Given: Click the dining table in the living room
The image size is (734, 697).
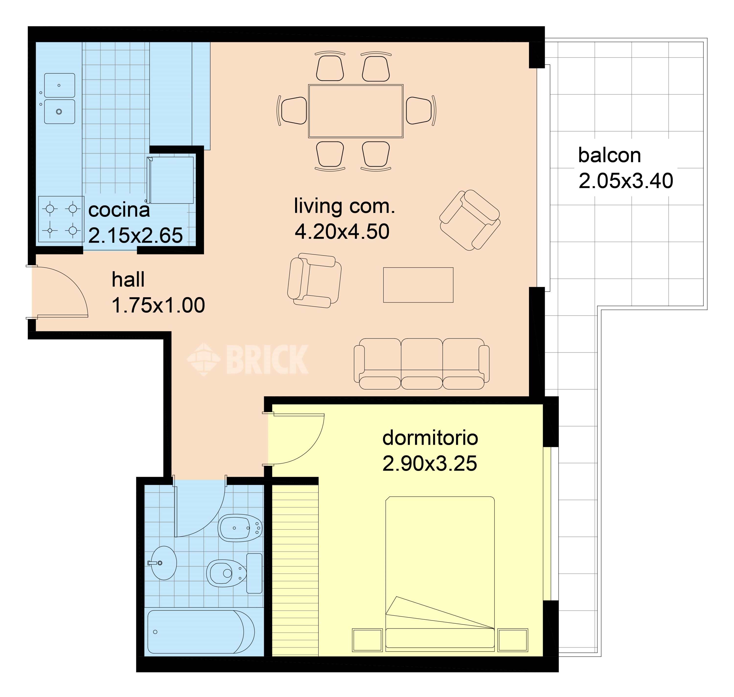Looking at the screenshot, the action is [356, 111].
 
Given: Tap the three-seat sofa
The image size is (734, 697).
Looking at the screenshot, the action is [421, 364].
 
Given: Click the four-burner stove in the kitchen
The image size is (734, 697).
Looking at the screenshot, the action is [61, 220].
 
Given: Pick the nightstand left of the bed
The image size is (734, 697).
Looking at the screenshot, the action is [367, 640].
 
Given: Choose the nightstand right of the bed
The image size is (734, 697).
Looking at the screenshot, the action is [513, 640].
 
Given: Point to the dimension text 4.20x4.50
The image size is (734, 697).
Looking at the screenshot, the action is [342, 232].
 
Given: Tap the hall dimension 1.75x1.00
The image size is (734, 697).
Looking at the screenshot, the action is [158, 305].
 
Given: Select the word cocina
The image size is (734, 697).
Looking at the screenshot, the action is [119, 210].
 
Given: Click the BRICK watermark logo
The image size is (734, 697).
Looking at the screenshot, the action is [248, 359].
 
